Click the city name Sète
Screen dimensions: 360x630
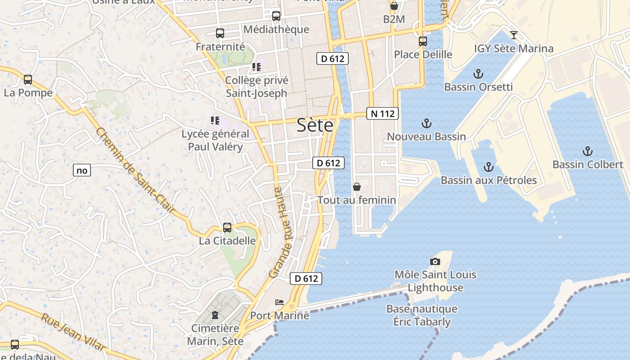(x=315, y=126)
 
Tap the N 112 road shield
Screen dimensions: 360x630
(x=382, y=114)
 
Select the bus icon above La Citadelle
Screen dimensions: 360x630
(x=227, y=228)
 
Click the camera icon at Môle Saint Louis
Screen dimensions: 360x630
(x=435, y=261)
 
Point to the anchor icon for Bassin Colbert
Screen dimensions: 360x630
(x=587, y=151)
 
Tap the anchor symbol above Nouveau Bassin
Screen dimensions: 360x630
(x=426, y=123)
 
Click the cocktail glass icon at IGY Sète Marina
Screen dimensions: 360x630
(x=513, y=35)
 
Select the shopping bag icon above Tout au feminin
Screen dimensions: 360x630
(x=357, y=187)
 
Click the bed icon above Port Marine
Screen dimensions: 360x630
(x=279, y=302)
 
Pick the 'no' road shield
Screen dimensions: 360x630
(x=82, y=171)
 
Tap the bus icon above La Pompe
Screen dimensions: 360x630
(x=28, y=80)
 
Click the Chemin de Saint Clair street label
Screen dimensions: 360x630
(x=135, y=171)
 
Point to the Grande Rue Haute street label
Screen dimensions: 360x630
(x=281, y=233)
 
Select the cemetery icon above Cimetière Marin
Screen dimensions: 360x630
(x=215, y=315)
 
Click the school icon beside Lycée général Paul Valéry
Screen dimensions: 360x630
(x=215, y=121)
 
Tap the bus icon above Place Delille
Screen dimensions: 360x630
(x=423, y=41)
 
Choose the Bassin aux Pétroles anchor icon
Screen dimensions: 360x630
(x=488, y=167)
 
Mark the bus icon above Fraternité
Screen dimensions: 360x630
(x=220, y=33)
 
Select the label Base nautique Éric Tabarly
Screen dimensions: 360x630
(x=422, y=315)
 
